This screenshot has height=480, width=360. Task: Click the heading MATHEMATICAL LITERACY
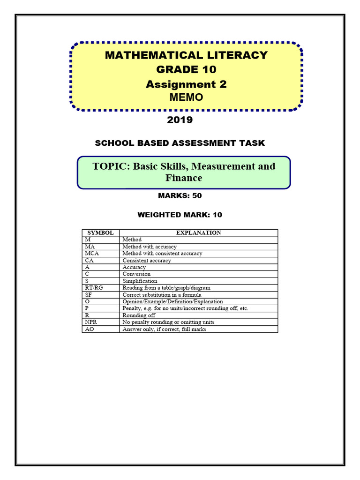pyautogui.click(x=186, y=55)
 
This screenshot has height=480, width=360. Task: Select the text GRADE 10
pyautogui.click(x=186, y=70)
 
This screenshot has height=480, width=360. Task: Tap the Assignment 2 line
pyautogui.click(x=186, y=84)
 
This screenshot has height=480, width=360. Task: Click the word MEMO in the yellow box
pyautogui.click(x=186, y=97)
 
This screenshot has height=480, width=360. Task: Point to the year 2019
pyautogui.click(x=180, y=120)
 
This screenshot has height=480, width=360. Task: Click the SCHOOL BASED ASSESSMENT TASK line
pyautogui.click(x=180, y=143)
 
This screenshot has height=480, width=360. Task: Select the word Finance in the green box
pyautogui.click(x=184, y=178)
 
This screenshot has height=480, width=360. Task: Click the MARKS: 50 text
pyautogui.click(x=180, y=195)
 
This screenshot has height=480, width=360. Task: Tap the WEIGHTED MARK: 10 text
pyautogui.click(x=180, y=215)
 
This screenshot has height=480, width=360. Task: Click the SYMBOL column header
pyautogui.click(x=100, y=232)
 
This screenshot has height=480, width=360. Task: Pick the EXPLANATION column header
pyautogui.click(x=198, y=232)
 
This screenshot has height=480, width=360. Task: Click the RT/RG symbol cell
pyautogui.click(x=93, y=288)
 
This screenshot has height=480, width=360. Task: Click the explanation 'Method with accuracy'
pyautogui.click(x=150, y=247)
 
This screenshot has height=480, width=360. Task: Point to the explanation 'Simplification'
pyautogui.click(x=140, y=281)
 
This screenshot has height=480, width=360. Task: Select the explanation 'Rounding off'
pyautogui.click(x=139, y=315)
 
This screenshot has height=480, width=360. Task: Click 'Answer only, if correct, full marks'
pyautogui.click(x=164, y=329)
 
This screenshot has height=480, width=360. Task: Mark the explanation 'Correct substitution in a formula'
pyautogui.click(x=162, y=295)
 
